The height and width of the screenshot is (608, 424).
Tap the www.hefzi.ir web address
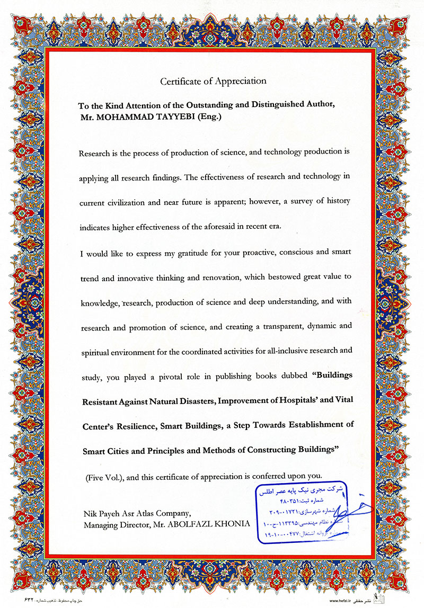click(x=344, y=602)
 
